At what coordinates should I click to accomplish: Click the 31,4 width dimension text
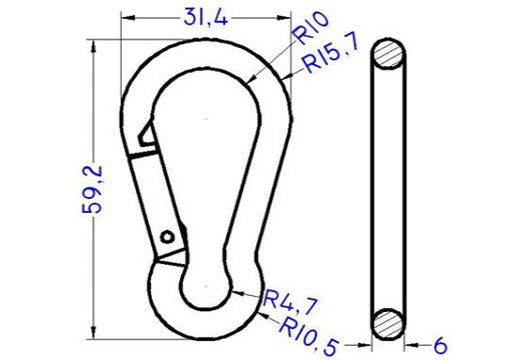point(206,16)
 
